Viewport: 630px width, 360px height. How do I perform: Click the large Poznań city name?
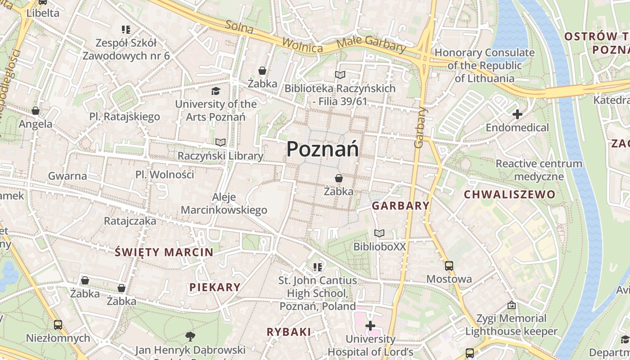coord(323,149)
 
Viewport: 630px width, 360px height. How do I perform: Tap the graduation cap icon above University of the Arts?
coord(216,91)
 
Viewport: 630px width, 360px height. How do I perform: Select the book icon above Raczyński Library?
coord(220,143)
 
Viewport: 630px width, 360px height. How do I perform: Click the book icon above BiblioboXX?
coord(379,234)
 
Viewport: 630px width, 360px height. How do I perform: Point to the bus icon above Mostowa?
coord(449,266)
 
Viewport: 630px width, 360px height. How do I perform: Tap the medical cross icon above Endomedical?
coord(517,114)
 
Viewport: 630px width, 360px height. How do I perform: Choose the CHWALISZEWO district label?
coord(509,195)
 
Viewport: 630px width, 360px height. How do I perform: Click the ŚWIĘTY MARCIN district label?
coord(164,252)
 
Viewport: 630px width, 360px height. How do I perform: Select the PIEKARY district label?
coord(215,287)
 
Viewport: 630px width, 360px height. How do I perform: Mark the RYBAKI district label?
coord(289,332)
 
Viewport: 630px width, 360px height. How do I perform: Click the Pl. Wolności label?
coord(165,175)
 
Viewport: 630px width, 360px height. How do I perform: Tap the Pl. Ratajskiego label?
coord(125,117)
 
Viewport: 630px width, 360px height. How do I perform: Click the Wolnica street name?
coord(302,45)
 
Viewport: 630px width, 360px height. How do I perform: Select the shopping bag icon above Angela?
coord(35,111)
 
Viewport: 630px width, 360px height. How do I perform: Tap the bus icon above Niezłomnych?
coord(58,324)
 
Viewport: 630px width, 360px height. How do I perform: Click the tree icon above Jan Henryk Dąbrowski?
coord(190,336)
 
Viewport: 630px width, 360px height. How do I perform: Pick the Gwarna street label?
coord(67,176)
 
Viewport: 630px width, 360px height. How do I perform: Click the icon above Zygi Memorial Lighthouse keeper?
coord(511,306)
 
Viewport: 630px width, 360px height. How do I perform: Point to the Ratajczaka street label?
coord(130,221)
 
